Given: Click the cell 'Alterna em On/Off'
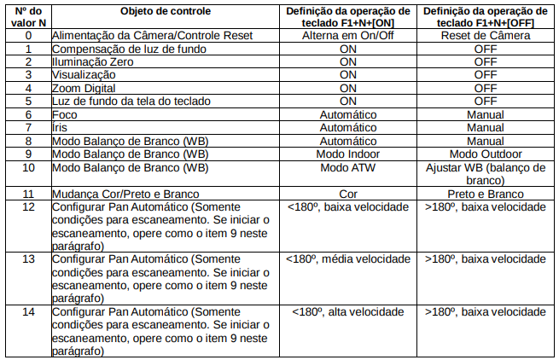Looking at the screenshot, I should coord(347,36).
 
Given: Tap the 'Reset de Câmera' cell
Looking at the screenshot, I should coord(485,36).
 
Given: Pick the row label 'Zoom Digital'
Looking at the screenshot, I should coord(84,88).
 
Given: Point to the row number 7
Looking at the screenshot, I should coord(29,127).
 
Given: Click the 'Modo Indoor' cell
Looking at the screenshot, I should coord(347,154).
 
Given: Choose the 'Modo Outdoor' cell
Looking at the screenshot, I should coord(485,154).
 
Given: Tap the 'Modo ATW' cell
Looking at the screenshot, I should coord(347,167).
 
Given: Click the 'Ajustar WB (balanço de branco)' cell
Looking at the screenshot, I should coord(485,174).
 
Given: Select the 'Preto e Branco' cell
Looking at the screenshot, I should coord(485,194).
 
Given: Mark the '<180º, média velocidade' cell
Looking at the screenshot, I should coord(347,258).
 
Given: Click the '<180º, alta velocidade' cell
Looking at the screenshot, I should coord(347,312).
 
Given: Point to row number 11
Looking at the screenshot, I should coord(29,194).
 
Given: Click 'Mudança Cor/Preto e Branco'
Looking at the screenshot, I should coord(119,194).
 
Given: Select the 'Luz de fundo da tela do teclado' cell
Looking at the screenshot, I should coord(131,101).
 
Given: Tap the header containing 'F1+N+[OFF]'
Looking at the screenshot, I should coord(485,15).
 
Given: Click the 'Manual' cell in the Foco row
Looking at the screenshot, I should coord(485,114).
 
